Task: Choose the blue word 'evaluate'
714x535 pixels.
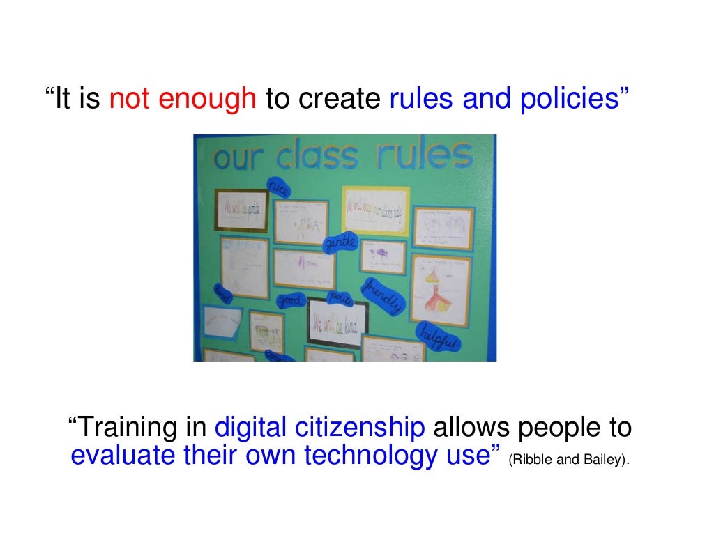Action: coord(123,456)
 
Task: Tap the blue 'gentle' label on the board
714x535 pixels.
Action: coord(340,243)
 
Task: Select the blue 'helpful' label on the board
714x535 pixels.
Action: coord(438,339)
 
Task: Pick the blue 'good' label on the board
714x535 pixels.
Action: coord(289,301)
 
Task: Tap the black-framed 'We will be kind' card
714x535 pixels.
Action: coord(337,323)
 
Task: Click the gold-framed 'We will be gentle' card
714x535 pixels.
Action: coord(241,210)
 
